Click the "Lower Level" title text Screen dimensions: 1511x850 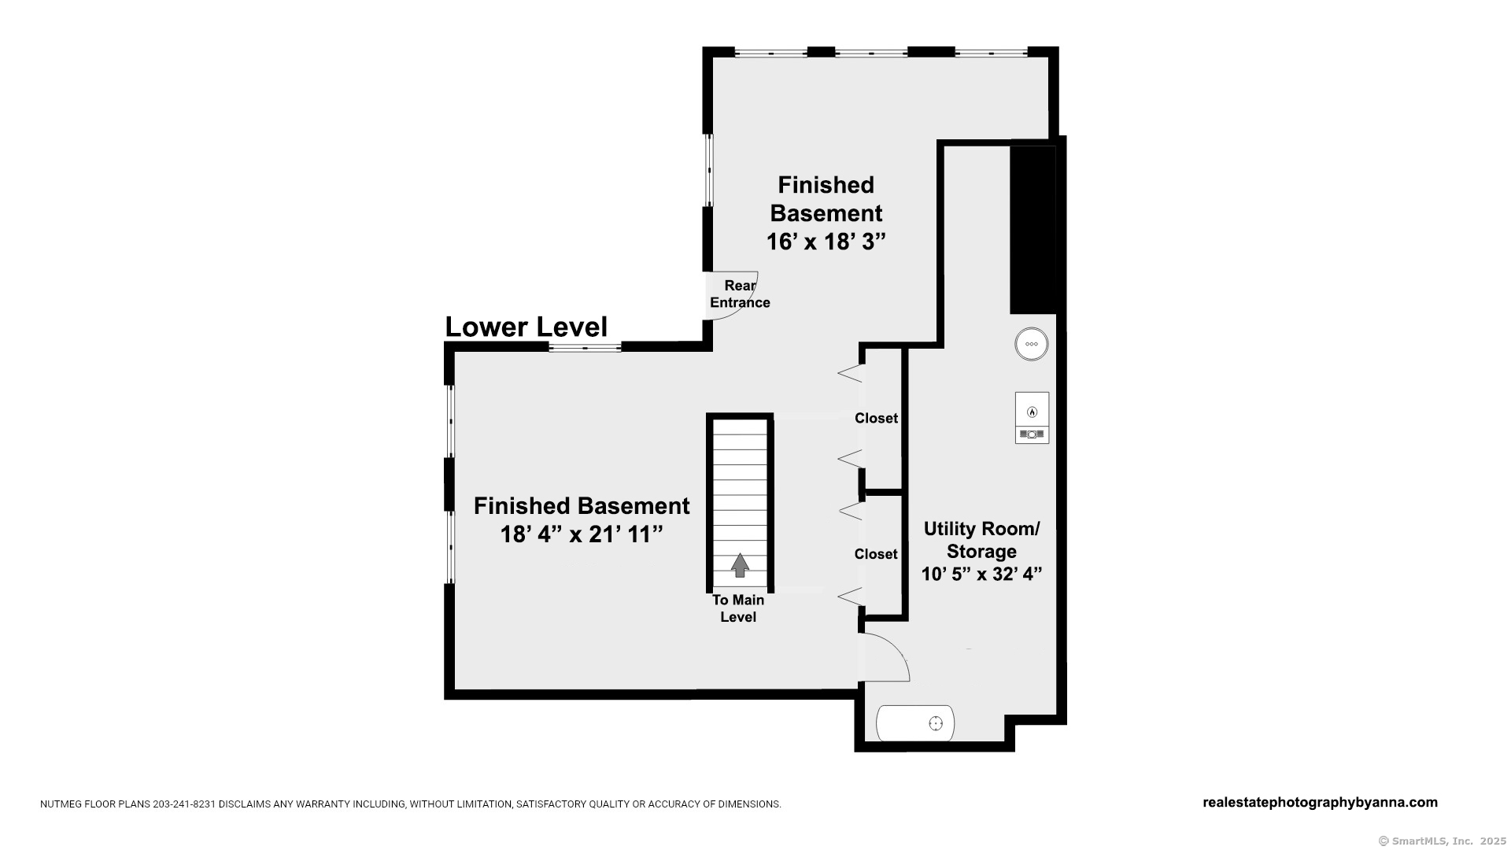(x=526, y=327)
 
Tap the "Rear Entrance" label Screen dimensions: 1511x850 (x=740, y=294)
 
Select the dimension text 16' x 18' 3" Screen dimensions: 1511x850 (x=826, y=242)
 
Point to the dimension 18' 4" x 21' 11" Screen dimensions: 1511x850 (x=582, y=534)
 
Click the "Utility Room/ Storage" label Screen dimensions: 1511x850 (x=981, y=540)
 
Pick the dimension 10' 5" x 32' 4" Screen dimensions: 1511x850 (x=981, y=574)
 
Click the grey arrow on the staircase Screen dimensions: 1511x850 (x=740, y=565)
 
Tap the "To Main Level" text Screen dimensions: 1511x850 (x=738, y=608)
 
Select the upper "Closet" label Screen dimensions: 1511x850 (x=876, y=418)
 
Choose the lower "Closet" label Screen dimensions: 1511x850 (x=876, y=554)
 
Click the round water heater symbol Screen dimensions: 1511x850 (x=1032, y=344)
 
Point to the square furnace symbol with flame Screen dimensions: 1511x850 (x=1032, y=417)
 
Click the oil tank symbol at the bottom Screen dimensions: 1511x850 (x=915, y=723)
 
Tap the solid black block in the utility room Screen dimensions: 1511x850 (x=1033, y=230)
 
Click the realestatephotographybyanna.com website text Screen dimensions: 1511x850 (x=1320, y=803)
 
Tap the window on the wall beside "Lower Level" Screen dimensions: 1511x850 (x=585, y=346)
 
